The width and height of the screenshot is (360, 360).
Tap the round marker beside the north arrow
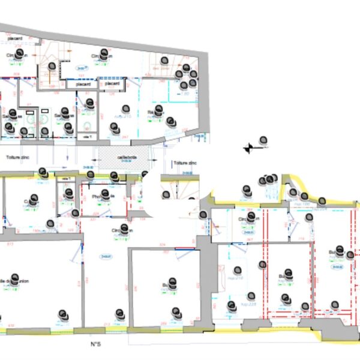click(262, 140)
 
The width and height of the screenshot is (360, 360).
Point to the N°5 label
click(94, 344)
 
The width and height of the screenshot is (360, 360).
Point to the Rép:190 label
click(302, 204)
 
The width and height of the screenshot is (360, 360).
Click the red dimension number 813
click(10, 244)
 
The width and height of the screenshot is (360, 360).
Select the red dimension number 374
click(162, 244)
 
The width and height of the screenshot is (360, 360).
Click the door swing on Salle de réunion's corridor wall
click(75, 255)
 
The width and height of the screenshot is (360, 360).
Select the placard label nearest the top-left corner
click(14, 40)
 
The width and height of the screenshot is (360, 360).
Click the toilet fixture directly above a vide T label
click(88, 127)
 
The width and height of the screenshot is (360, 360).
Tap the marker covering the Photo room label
click(106, 195)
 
